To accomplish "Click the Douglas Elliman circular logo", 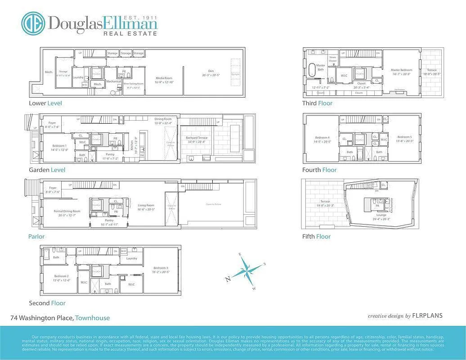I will pos(33,23).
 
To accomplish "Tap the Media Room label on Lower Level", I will pos(164,78).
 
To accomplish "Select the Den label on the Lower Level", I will pos(211,71).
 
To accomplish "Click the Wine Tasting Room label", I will pos(134,84).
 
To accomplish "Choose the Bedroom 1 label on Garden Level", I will pos(59,146).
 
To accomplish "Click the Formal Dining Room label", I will pos(67,211).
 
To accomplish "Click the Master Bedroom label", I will pos(401,70).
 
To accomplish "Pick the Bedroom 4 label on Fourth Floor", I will pos(322,137).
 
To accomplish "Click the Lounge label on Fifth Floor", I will pos(381,215).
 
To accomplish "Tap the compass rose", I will pos(247,270).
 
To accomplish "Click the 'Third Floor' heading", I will pos(317,103).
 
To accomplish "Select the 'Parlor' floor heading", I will pos(37,236).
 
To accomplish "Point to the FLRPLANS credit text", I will pos(427,315).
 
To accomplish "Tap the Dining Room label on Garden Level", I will pos(163,119).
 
